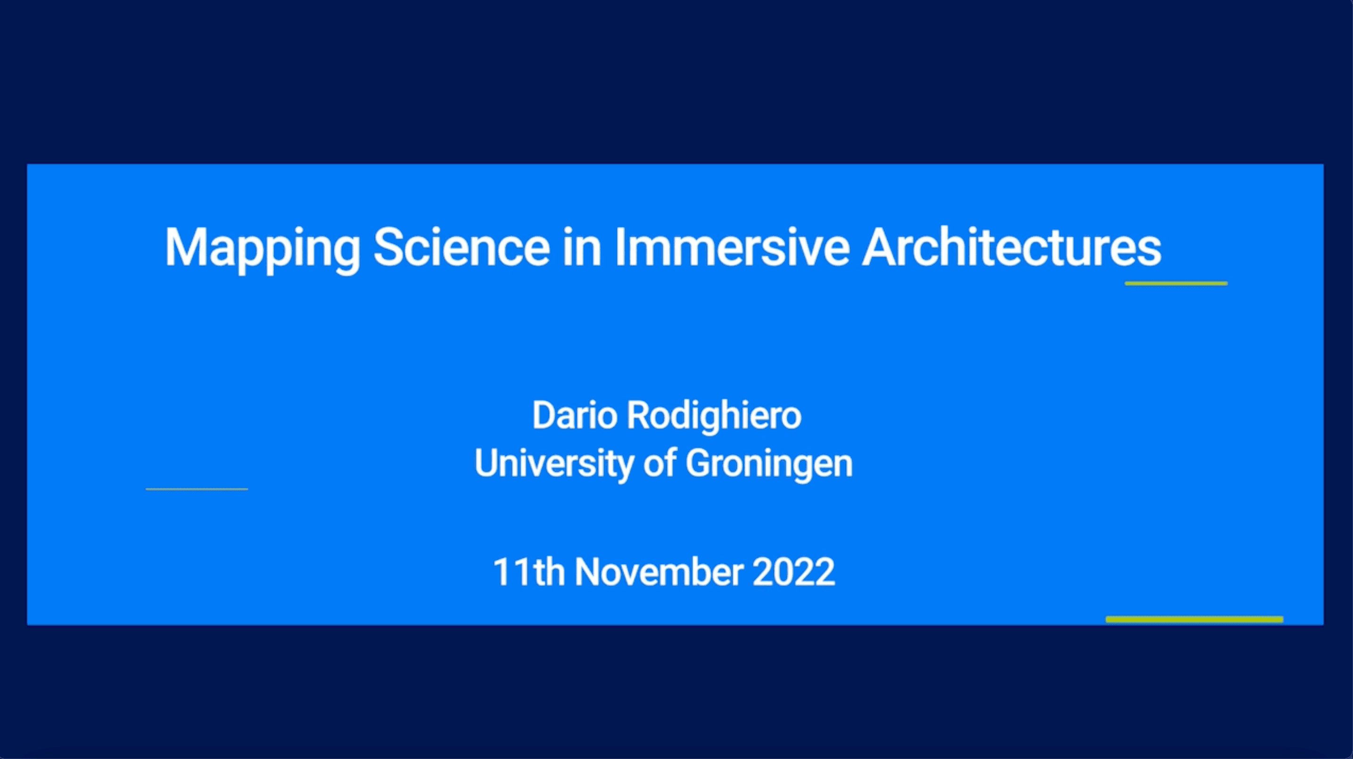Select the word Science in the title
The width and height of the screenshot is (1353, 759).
(462, 246)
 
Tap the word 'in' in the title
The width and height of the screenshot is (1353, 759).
(582, 246)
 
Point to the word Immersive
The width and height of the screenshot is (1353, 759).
(732, 246)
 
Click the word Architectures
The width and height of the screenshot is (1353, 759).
(1012, 246)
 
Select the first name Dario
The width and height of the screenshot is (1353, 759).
(575, 415)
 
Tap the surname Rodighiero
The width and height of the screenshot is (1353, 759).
(714, 418)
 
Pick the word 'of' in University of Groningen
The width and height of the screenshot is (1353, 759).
(660, 463)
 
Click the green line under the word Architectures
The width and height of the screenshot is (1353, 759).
(1176, 284)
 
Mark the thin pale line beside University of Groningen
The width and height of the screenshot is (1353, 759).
(197, 489)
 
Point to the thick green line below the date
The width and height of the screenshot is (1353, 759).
(1195, 620)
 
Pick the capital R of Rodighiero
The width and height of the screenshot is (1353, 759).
(640, 415)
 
